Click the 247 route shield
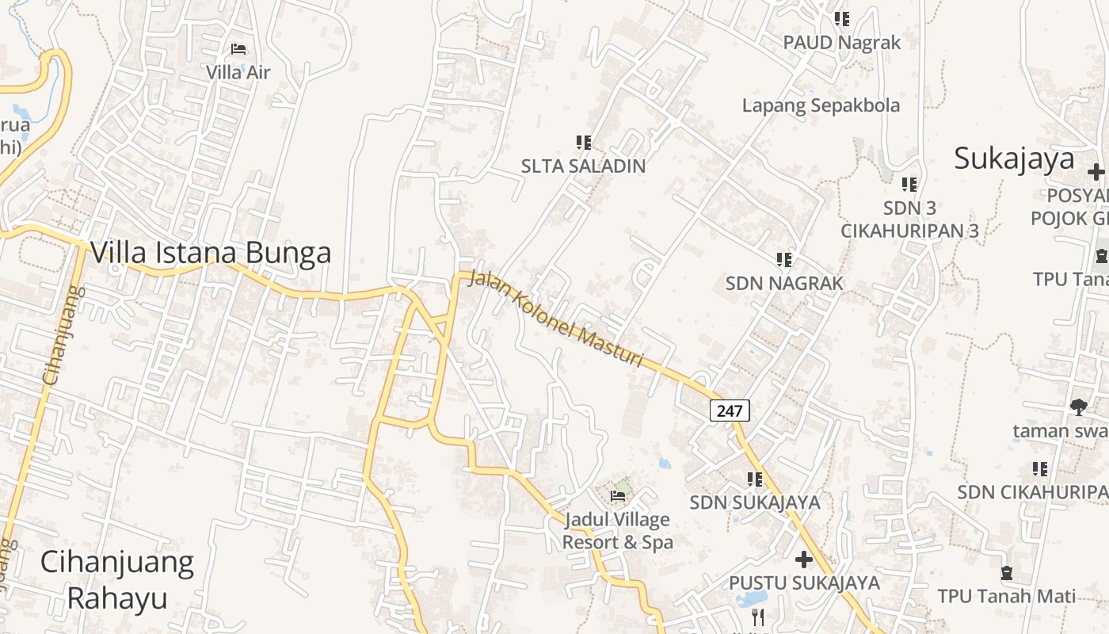(730, 411)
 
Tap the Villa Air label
(238, 72)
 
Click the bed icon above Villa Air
(238, 49)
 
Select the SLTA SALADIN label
(583, 166)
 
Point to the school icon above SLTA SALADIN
(584, 143)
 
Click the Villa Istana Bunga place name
(211, 253)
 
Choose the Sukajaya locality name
(1014, 158)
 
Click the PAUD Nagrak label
(842, 42)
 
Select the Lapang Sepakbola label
(821, 105)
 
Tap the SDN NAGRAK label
(785, 283)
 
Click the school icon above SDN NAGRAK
(784, 260)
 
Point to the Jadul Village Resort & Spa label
(617, 531)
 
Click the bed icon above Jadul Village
(618, 497)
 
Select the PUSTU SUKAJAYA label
(804, 582)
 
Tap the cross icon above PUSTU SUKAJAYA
(804, 560)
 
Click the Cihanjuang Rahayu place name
(117, 579)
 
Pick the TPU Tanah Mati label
(1007, 596)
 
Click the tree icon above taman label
(1078, 407)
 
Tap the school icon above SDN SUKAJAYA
(755, 479)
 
